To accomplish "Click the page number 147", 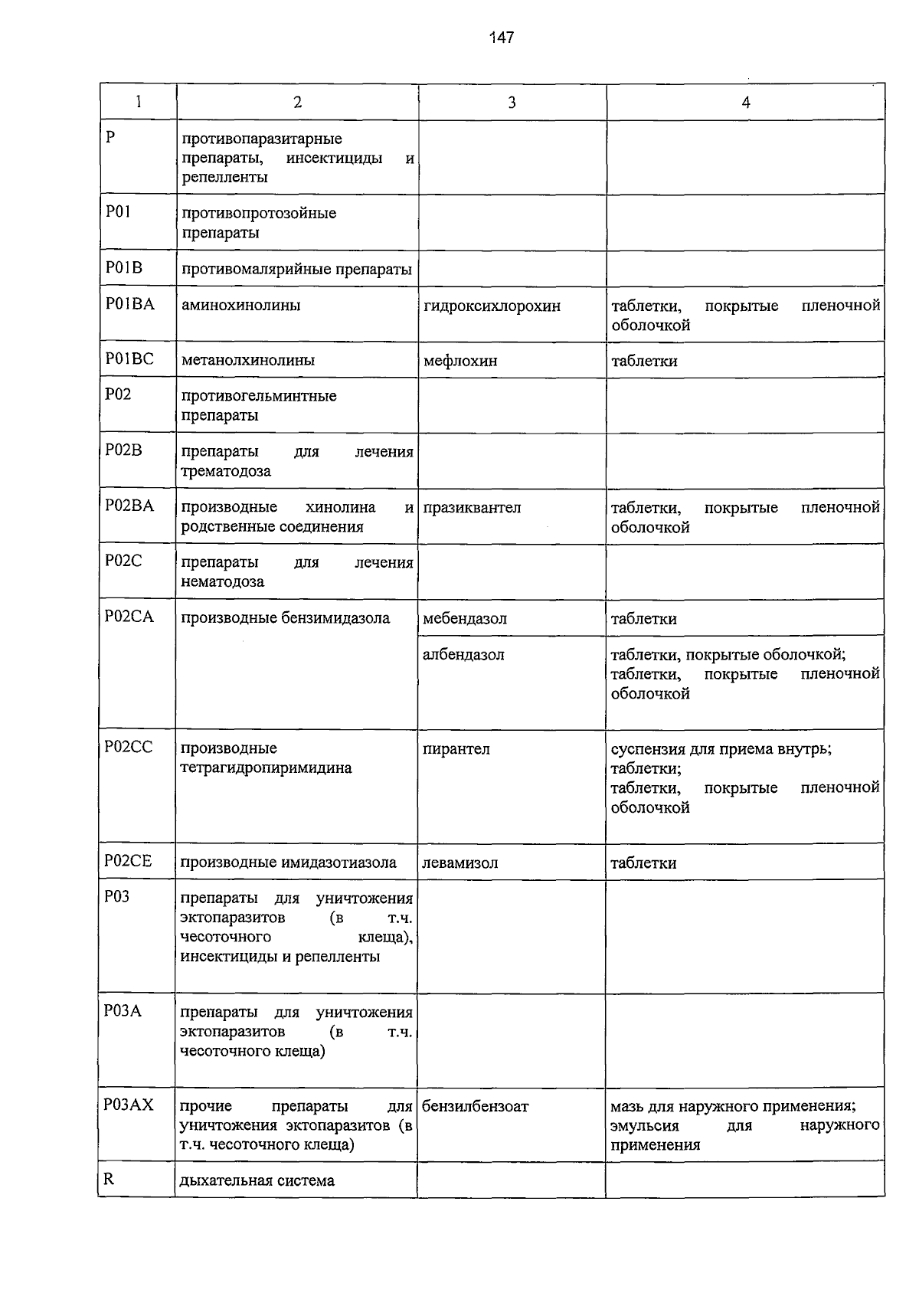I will coord(502,38).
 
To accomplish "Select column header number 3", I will coord(512,103).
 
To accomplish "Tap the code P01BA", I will coord(129,304).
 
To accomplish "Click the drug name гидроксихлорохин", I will coord(492,306).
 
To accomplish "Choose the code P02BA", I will coord(129,506).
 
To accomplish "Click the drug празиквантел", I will coord(472,508).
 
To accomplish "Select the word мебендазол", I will coord(465,619).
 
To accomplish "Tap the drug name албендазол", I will coord(463,655).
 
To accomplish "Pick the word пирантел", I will coord(456,749).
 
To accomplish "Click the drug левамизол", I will coord(459,863).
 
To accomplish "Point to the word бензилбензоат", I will coord(475,1107).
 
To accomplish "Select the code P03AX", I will coord(129,1105).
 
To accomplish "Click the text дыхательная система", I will coord(257,1181).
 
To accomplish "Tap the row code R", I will coord(109,1180).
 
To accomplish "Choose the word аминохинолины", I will coord(240,306).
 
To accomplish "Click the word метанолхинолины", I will coord(248,360).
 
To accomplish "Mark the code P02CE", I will coord(128,862).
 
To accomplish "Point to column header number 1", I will coord(139,102).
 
